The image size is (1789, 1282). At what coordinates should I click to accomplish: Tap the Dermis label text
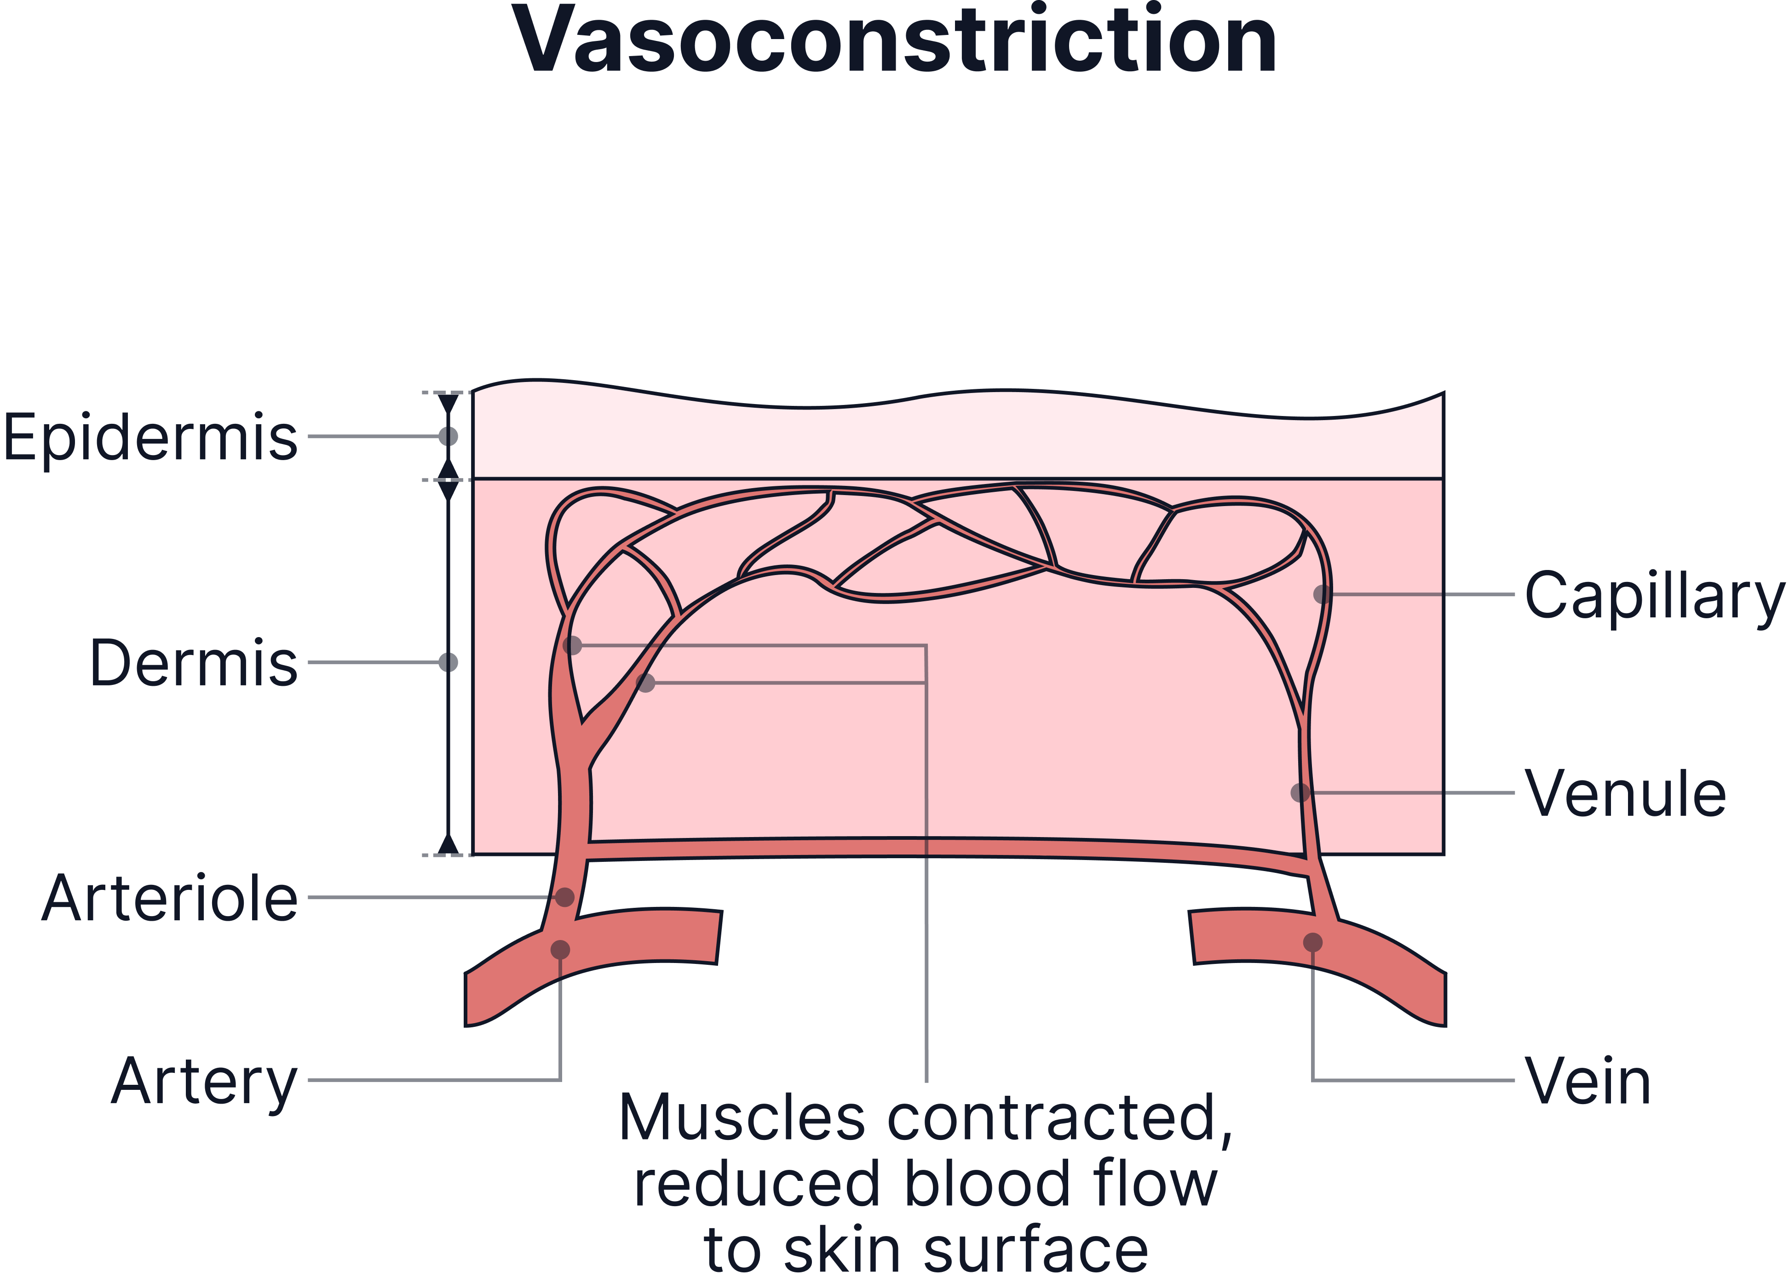[194, 663]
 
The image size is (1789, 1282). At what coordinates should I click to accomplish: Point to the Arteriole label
[170, 898]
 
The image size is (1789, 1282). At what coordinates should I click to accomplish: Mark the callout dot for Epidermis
[448, 436]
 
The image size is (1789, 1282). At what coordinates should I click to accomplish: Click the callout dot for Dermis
[448, 662]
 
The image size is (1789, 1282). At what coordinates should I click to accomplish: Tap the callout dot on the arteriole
[565, 897]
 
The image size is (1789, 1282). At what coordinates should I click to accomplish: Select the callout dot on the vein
[1312, 942]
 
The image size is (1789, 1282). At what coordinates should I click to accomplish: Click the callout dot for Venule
[1300, 792]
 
